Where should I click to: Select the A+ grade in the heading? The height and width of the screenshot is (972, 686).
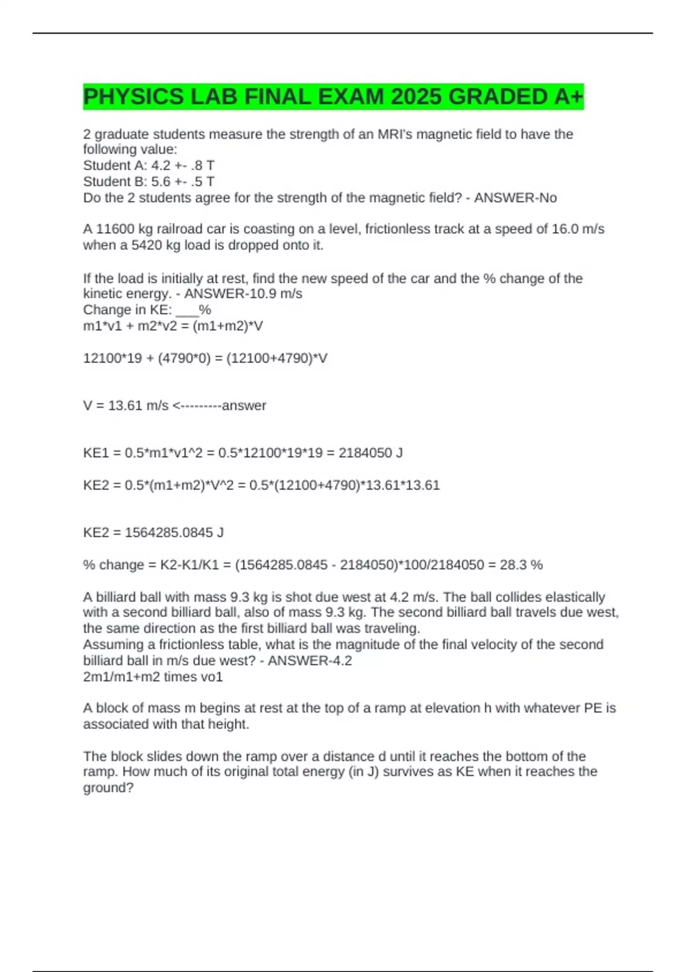568,97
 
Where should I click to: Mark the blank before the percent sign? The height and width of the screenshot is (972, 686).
187,310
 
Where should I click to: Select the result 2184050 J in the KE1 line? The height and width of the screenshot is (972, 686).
370,453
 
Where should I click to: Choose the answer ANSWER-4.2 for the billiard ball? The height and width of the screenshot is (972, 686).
310,661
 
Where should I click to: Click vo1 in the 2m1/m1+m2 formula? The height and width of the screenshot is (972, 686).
211,677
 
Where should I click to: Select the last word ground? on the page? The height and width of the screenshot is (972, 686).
109,788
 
